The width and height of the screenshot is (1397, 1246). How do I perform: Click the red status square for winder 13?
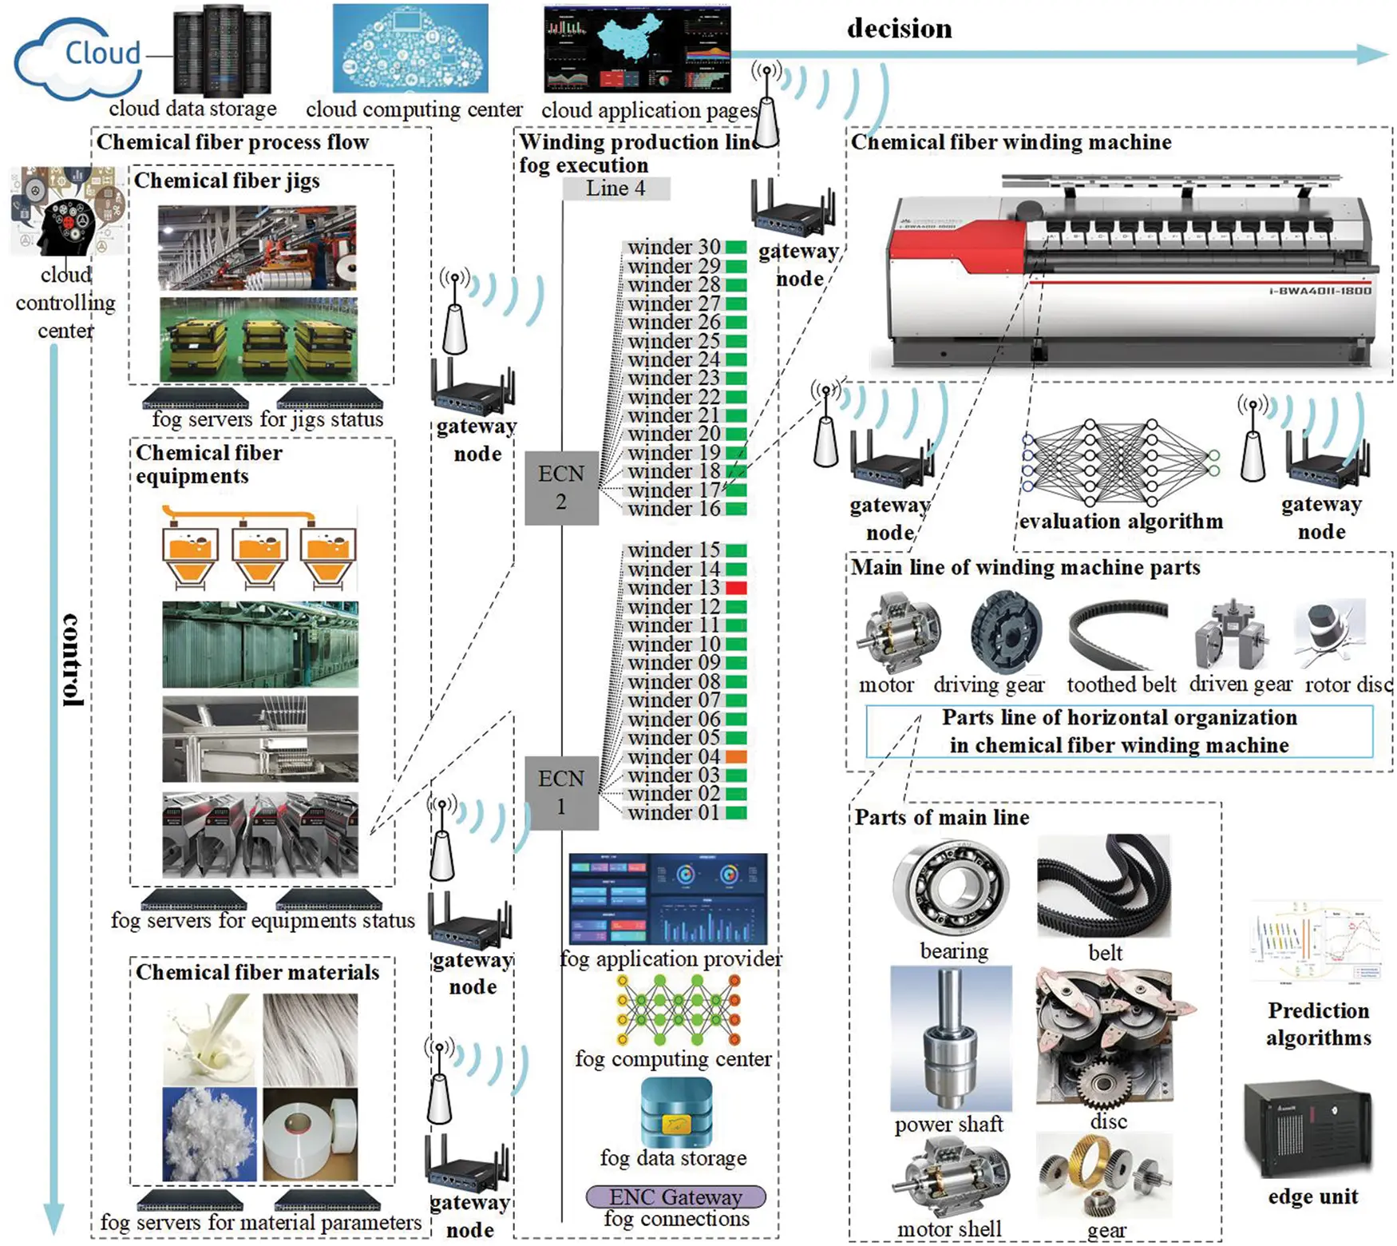click(735, 588)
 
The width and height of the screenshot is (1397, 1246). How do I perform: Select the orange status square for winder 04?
click(735, 756)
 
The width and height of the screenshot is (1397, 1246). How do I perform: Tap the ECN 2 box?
click(561, 487)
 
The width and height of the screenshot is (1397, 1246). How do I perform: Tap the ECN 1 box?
click(561, 792)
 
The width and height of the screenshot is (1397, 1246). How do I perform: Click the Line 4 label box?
click(615, 188)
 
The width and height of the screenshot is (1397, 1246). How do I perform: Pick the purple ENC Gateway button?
click(675, 1196)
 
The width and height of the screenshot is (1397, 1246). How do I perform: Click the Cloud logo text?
click(102, 53)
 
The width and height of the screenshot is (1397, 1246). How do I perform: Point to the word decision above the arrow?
click(899, 29)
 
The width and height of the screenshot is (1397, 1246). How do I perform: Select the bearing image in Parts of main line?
click(950, 888)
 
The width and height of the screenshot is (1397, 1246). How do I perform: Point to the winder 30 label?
click(673, 247)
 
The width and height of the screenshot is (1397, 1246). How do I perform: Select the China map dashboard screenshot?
click(637, 49)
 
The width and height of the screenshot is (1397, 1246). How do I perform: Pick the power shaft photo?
click(950, 1038)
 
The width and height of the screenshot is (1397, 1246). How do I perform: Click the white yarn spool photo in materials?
click(310, 1134)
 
